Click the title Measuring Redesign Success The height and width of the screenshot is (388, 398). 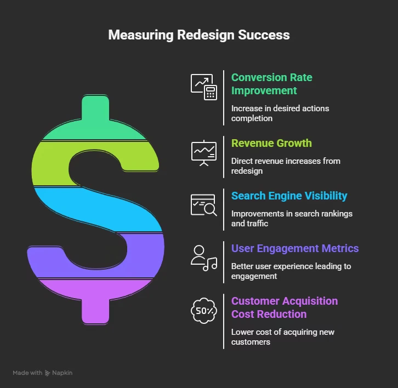point(199,35)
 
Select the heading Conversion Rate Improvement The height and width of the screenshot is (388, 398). point(271,84)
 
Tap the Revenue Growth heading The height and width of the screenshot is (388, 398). point(271,143)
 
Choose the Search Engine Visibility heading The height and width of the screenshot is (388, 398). point(289,196)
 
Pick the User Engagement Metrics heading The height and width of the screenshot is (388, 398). point(295,248)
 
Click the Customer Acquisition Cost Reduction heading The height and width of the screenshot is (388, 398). point(284,307)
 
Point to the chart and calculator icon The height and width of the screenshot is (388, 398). point(204,87)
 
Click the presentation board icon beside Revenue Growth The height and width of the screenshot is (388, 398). point(204,151)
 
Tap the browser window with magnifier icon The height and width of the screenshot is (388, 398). point(204,204)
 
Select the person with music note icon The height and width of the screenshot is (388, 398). point(204,258)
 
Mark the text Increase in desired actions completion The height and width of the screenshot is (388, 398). point(280,113)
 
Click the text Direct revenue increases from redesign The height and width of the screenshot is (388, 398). point(286,166)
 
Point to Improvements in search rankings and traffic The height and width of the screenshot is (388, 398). point(292,218)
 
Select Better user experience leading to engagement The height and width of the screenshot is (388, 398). point(291,271)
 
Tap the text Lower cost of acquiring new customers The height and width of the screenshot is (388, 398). point(282,336)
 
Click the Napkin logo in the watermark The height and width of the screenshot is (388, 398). point(48,373)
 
